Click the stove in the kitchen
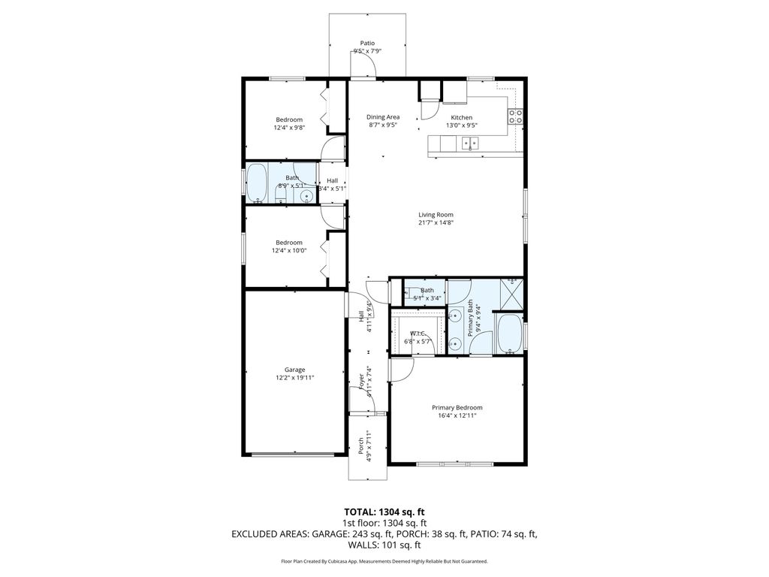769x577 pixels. (516, 116)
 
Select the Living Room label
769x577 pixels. (436, 215)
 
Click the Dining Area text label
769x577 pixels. (383, 117)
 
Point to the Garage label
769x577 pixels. (294, 370)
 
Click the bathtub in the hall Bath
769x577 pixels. (257, 183)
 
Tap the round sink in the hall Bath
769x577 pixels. (306, 197)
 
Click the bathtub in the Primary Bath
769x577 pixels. (508, 334)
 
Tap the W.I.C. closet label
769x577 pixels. (418, 334)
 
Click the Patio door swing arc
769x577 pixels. (365, 68)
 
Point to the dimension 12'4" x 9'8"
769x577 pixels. (288, 128)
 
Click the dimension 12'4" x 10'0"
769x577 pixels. (288, 251)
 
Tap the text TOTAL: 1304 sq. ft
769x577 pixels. (384, 512)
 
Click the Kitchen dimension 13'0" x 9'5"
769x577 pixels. (461, 125)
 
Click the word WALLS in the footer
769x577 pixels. (357, 545)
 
